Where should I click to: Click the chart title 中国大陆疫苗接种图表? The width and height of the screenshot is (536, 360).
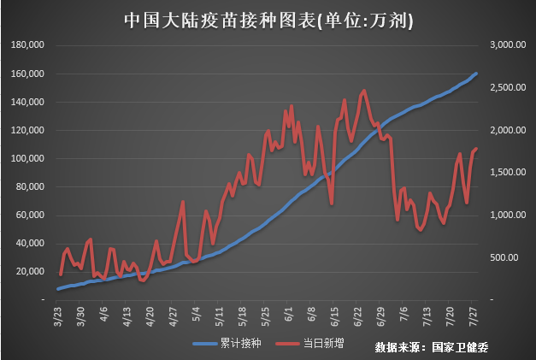(x=268, y=19)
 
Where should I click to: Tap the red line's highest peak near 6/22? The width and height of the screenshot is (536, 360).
(x=364, y=90)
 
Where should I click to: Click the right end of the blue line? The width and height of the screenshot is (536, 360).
(x=476, y=74)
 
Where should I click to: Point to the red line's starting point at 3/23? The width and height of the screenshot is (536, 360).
(x=60, y=274)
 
